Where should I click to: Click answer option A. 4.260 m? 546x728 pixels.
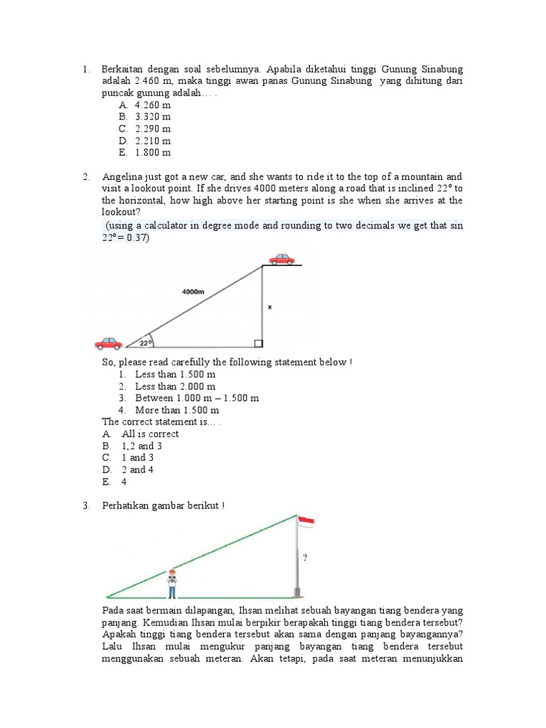[x=145, y=105]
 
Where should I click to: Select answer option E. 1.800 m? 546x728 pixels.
[x=145, y=152]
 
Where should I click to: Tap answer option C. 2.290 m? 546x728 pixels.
[x=145, y=129]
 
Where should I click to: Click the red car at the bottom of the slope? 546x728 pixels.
[x=108, y=343]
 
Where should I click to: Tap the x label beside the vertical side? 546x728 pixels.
[x=269, y=308]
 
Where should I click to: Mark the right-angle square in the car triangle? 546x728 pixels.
[x=259, y=344]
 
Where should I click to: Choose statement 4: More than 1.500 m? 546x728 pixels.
[x=169, y=410]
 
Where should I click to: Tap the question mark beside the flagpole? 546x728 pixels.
[x=305, y=558]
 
